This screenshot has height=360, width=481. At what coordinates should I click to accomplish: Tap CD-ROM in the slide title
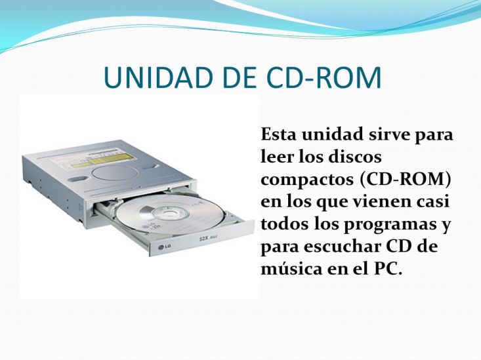click(x=324, y=77)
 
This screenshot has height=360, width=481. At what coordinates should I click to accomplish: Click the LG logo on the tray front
click(x=165, y=247)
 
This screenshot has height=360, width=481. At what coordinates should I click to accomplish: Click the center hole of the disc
click(x=169, y=212)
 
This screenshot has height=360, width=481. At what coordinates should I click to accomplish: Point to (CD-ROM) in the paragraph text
click(x=406, y=180)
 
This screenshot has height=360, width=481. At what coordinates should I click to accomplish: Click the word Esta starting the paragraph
click(x=279, y=134)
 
